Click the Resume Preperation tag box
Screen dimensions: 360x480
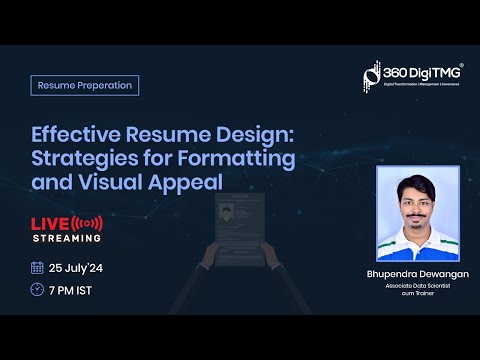pyautogui.click(x=85, y=85)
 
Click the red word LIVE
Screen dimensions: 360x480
pyautogui.click(x=49, y=222)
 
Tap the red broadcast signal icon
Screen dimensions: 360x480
pyautogui.click(x=89, y=222)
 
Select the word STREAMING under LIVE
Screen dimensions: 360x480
pyautogui.click(x=66, y=238)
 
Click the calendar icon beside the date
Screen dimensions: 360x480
pyautogui.click(x=38, y=267)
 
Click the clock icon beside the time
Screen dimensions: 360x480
pyautogui.click(x=38, y=290)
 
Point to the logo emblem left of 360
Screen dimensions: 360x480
pyautogui.click(x=370, y=76)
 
